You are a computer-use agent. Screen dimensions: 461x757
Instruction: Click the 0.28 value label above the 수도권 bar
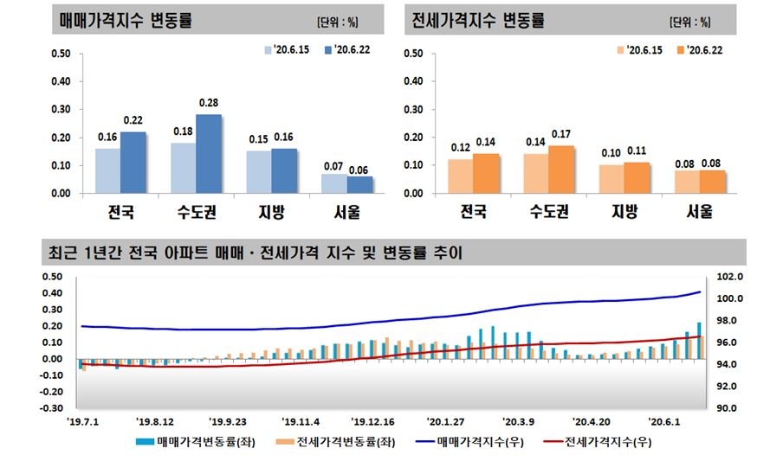coord(209,103)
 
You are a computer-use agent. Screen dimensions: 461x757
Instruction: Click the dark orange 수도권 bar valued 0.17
coord(561,170)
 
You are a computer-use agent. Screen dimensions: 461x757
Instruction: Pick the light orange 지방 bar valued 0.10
coord(612,179)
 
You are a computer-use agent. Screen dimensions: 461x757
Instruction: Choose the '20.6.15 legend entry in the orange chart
coord(640,50)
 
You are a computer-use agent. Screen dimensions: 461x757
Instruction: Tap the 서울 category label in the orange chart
coord(699,211)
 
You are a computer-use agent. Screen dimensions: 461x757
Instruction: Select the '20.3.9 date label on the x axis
coord(521,421)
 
